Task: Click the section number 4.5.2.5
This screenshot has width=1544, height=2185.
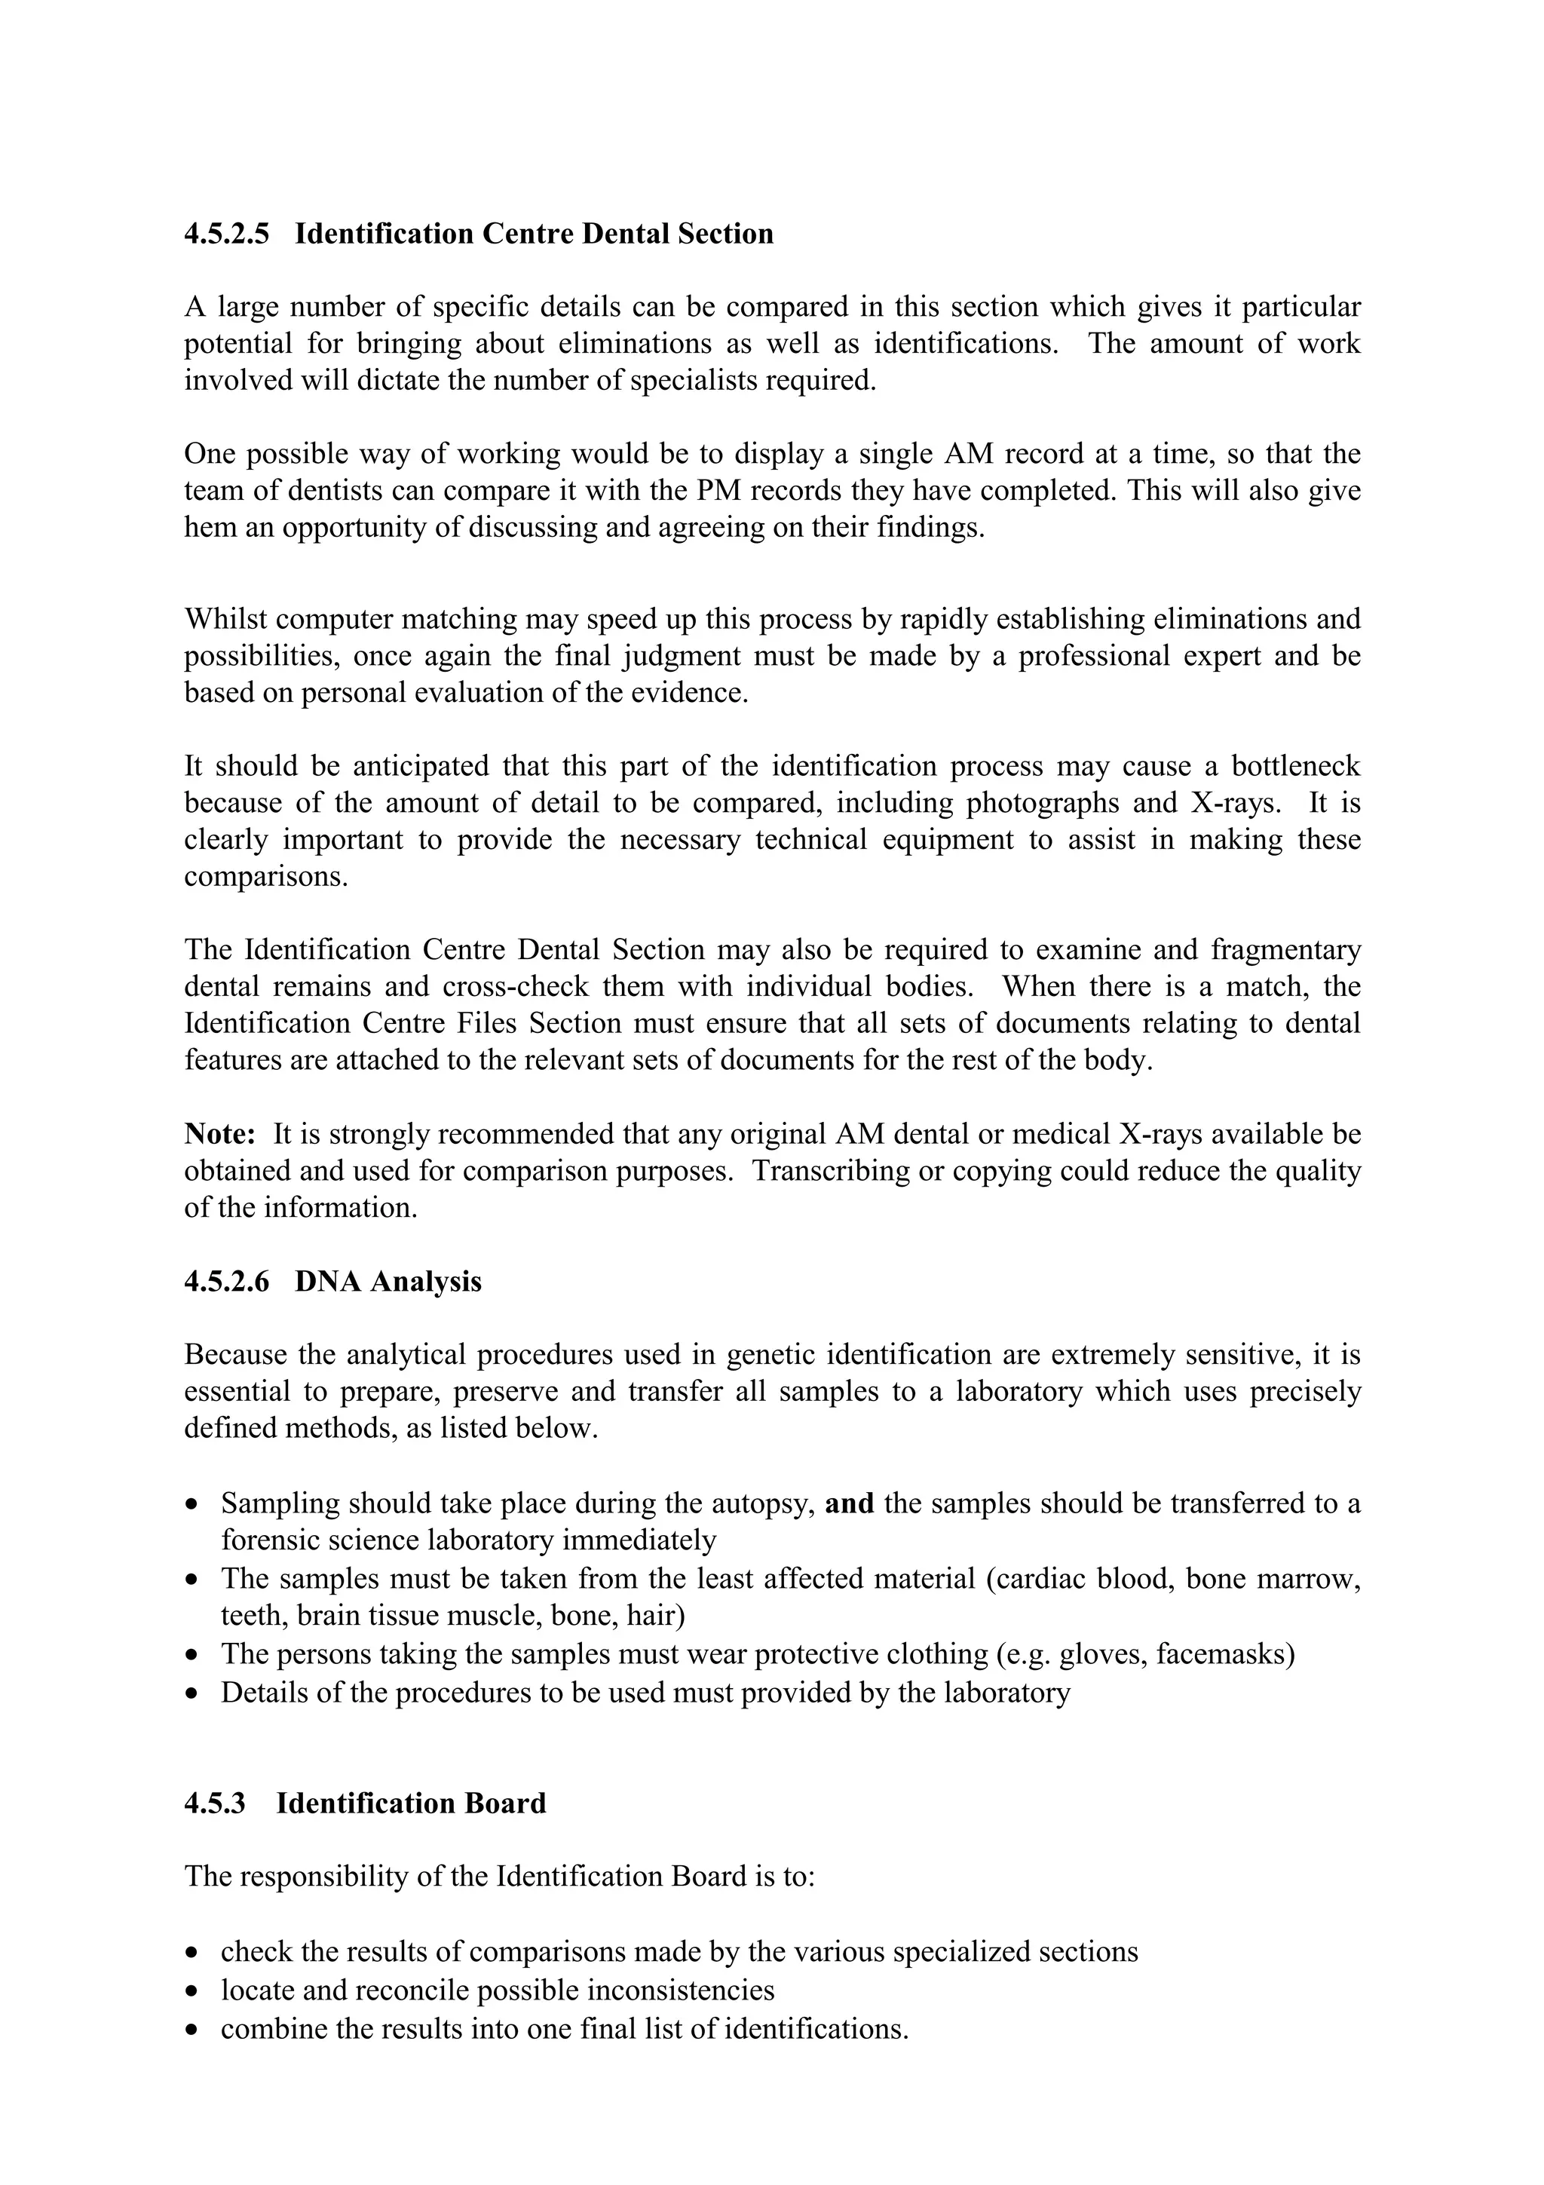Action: click(226, 234)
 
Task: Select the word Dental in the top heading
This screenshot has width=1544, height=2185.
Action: click(625, 234)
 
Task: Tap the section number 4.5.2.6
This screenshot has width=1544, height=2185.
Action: click(226, 1282)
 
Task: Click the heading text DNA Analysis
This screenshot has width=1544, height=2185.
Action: click(388, 1282)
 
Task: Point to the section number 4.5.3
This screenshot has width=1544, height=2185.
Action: click(215, 1804)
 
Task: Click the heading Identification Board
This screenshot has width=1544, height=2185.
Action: click(411, 1804)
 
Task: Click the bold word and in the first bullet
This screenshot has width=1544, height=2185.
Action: click(850, 1503)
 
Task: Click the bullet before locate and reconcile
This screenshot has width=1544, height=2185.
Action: click(194, 1992)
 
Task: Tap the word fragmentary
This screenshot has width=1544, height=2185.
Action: click(1285, 950)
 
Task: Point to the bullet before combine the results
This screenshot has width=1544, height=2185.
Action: click(194, 2030)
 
